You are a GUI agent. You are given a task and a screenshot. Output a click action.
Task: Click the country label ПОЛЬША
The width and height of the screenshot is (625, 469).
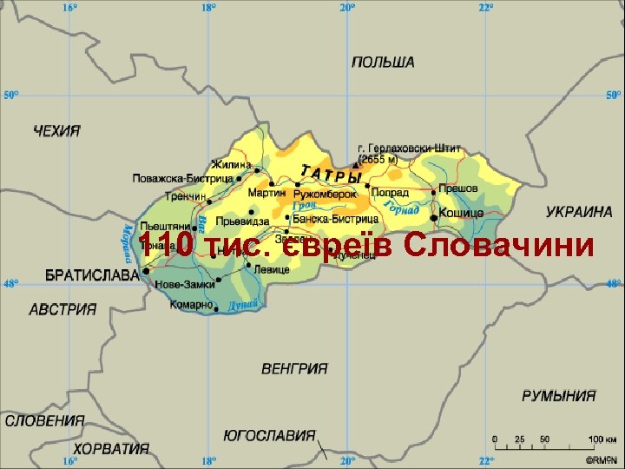(x=383, y=63)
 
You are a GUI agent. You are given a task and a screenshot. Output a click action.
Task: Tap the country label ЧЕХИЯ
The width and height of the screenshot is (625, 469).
(x=56, y=131)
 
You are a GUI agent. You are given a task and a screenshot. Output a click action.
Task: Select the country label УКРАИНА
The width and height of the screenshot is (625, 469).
(x=579, y=212)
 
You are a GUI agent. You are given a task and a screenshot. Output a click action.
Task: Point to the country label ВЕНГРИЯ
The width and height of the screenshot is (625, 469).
(x=294, y=368)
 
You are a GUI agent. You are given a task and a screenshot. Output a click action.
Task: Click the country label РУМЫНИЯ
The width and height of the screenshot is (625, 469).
(x=559, y=396)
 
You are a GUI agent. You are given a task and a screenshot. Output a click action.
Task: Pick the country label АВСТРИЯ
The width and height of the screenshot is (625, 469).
(x=62, y=309)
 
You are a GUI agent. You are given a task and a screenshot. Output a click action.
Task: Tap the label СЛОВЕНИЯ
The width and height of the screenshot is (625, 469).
(x=45, y=421)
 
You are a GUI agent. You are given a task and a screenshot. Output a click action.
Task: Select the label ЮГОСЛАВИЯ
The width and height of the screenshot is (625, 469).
(x=269, y=435)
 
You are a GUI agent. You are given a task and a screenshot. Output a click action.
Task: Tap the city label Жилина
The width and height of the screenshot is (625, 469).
(x=232, y=164)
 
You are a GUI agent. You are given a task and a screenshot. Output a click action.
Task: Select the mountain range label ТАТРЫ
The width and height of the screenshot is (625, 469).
(x=330, y=174)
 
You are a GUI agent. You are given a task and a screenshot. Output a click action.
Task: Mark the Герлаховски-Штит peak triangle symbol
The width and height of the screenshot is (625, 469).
(x=355, y=162)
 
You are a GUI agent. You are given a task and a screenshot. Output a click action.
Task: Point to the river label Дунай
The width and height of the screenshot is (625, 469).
(x=242, y=306)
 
